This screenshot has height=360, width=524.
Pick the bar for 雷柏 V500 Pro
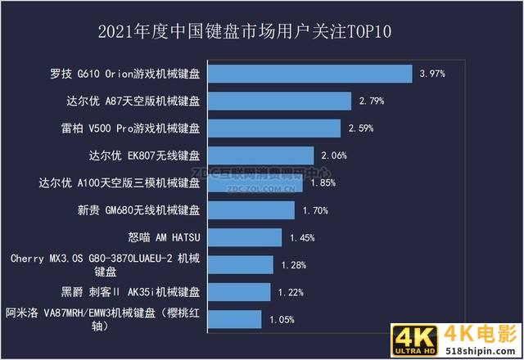tap(273, 128)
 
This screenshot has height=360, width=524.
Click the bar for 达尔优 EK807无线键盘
tap(260, 155)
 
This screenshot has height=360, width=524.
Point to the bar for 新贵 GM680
tap(251, 210)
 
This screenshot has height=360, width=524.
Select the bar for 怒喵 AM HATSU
tap(244, 237)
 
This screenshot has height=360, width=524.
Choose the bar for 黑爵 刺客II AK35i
tap(238, 291)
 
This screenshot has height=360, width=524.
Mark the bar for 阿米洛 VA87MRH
tap(234, 319)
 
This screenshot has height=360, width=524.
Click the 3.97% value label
tap(431, 74)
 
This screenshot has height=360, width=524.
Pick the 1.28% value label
tap(293, 264)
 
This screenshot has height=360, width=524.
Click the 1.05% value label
tap(282, 319)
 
